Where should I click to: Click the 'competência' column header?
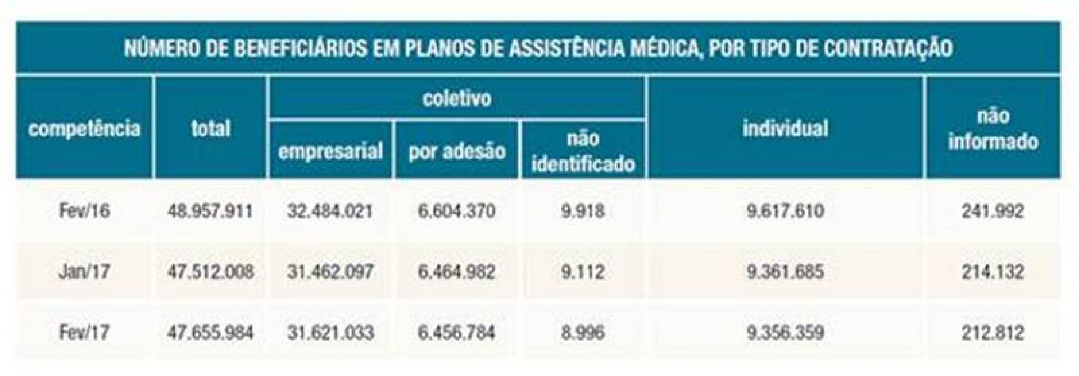click(84, 129)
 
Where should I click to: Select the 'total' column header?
click(211, 129)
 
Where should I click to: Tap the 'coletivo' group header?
click(457, 98)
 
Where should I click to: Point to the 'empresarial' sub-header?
click(330, 151)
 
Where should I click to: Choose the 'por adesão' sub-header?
click(457, 151)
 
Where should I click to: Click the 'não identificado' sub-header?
click(583, 151)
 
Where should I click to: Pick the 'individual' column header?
click(785, 129)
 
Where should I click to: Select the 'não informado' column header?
click(992, 129)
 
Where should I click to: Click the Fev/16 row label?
click(84, 211)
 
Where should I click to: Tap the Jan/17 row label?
click(84, 272)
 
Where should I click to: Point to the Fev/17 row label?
click(84, 333)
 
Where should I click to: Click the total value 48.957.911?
click(210, 211)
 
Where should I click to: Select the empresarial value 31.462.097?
click(330, 272)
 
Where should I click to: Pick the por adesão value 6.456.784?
click(457, 333)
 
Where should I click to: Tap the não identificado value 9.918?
click(583, 211)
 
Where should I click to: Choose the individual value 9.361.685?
click(785, 272)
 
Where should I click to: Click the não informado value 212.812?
click(992, 333)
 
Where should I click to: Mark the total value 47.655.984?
click(210, 333)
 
